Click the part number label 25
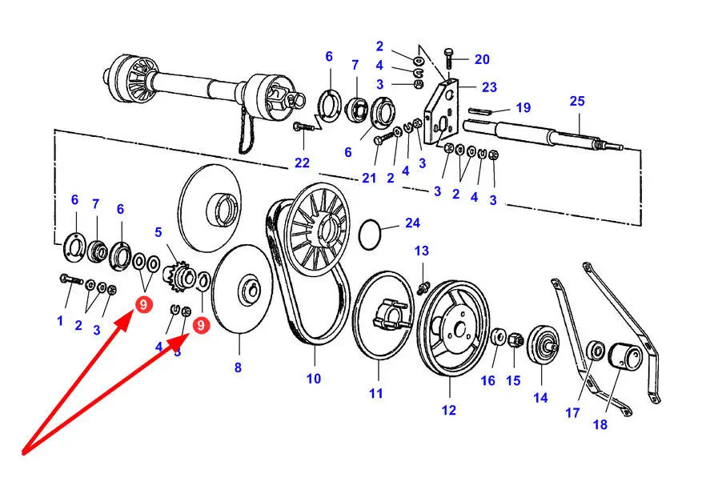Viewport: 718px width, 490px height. point(577,101)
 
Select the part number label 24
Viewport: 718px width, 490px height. point(412,223)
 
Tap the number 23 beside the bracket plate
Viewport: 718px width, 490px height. point(489,87)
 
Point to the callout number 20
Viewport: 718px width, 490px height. point(482,59)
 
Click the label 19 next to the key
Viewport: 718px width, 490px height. point(523,107)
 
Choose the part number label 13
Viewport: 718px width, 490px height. point(422,251)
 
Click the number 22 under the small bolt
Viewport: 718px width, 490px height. point(303,163)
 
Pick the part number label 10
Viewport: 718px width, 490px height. point(314,379)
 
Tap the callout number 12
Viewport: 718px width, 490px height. point(449,410)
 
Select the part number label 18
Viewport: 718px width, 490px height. point(600,424)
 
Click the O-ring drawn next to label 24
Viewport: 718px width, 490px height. point(370,235)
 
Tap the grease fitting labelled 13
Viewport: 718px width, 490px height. point(423,288)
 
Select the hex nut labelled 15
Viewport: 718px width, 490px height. point(514,340)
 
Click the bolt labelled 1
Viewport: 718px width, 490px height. point(70,279)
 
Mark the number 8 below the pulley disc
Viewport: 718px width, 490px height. point(238,367)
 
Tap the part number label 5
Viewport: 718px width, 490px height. point(158,232)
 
